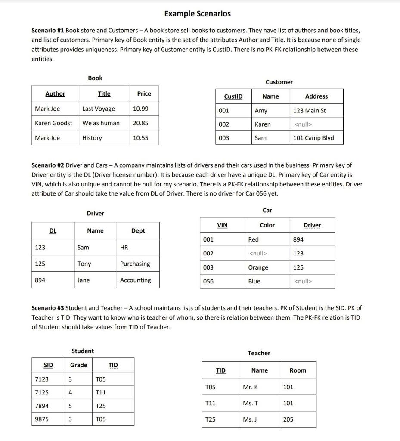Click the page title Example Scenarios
pyautogui.click(x=197, y=14)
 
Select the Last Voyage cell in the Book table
pyautogui.click(x=99, y=109)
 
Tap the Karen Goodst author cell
pyautogui.click(x=53, y=123)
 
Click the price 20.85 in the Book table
pyautogui.click(x=140, y=123)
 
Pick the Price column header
pyautogui.click(x=144, y=93)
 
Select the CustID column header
pyautogui.click(x=233, y=96)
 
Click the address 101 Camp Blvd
pyautogui.click(x=313, y=138)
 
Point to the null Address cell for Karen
pyautogui.click(x=303, y=124)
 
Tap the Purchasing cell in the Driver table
pyautogui.click(x=135, y=264)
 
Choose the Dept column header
pyautogui.click(x=138, y=231)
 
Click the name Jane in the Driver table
pyautogui.click(x=84, y=280)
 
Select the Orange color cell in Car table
pyautogui.click(x=258, y=267)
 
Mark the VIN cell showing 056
pyautogui.click(x=208, y=281)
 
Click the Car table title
pyautogui.click(x=267, y=210)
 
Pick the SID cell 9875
pyautogui.click(x=41, y=419)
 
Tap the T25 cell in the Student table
pyautogui.click(x=101, y=406)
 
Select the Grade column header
pyautogui.click(x=79, y=365)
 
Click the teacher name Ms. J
pyautogui.click(x=250, y=419)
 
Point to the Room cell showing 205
pyautogui.click(x=288, y=419)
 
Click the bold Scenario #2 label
pyautogui.click(x=48, y=165)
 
